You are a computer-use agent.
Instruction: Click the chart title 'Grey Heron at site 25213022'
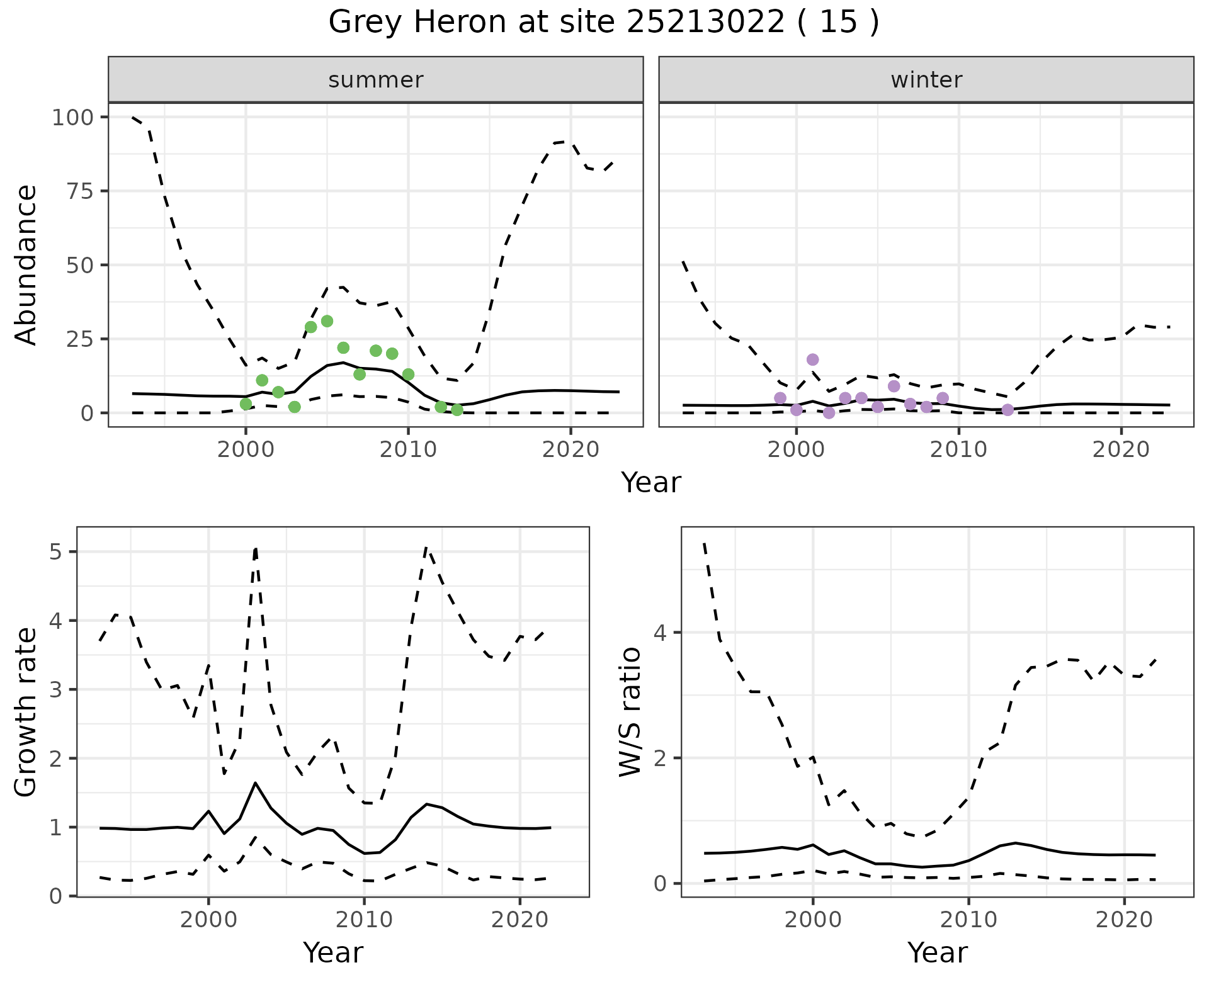603,23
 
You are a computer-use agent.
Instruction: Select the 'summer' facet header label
376,80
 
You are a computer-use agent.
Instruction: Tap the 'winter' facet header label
926,80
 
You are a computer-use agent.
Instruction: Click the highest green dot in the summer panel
327,321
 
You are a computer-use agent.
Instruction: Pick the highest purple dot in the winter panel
812,359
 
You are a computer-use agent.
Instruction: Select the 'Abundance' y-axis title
26,265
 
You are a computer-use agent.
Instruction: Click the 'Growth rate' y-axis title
26,712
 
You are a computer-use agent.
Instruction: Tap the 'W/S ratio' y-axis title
630,712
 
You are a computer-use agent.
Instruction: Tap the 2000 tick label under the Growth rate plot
208,920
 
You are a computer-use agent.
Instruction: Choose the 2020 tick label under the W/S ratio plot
1124,920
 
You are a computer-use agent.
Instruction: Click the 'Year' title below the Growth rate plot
333,953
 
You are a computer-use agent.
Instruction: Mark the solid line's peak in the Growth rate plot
255,783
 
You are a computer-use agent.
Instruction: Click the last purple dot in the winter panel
1007,410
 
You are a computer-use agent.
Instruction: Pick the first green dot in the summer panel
246,404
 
